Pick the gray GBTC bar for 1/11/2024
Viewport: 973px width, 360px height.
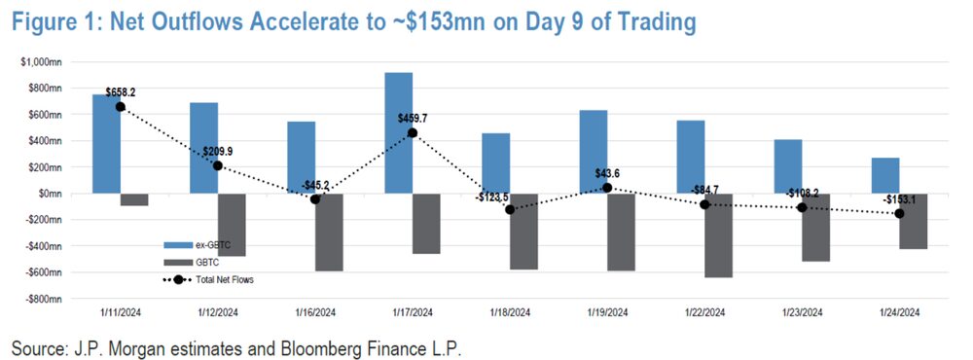coord(134,198)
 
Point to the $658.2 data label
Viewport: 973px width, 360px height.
coord(121,92)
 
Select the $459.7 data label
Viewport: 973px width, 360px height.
coord(414,119)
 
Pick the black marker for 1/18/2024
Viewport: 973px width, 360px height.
coord(510,209)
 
